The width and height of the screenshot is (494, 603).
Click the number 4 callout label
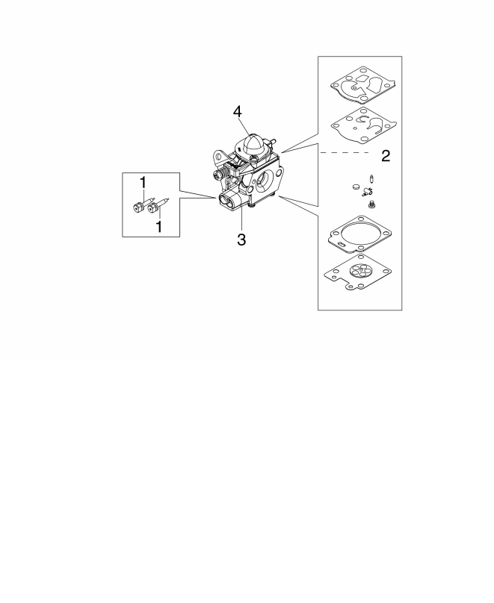[237, 111]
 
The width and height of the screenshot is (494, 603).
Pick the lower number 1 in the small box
[158, 225]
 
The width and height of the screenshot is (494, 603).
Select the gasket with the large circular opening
[358, 234]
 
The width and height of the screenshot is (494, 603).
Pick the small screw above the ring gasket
[373, 204]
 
